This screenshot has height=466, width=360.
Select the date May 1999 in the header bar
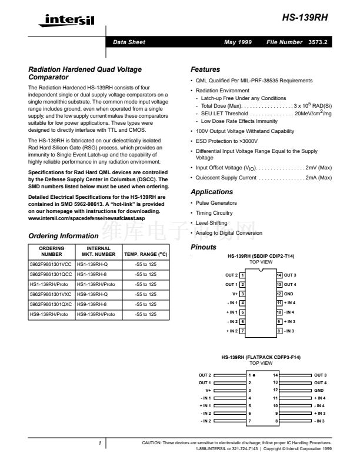click(238, 42)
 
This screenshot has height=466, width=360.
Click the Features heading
click(205, 69)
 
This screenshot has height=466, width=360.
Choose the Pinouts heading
click(204, 247)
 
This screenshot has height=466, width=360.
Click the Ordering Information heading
click(63, 236)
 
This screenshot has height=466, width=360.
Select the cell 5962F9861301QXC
click(51, 304)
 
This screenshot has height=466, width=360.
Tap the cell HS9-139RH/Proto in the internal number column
click(96, 314)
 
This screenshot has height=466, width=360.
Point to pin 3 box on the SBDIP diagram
click(242, 293)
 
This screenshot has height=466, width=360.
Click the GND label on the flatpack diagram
click(319, 390)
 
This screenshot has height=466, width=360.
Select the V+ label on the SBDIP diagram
click(234, 293)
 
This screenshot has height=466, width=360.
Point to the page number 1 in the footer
click(100, 443)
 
